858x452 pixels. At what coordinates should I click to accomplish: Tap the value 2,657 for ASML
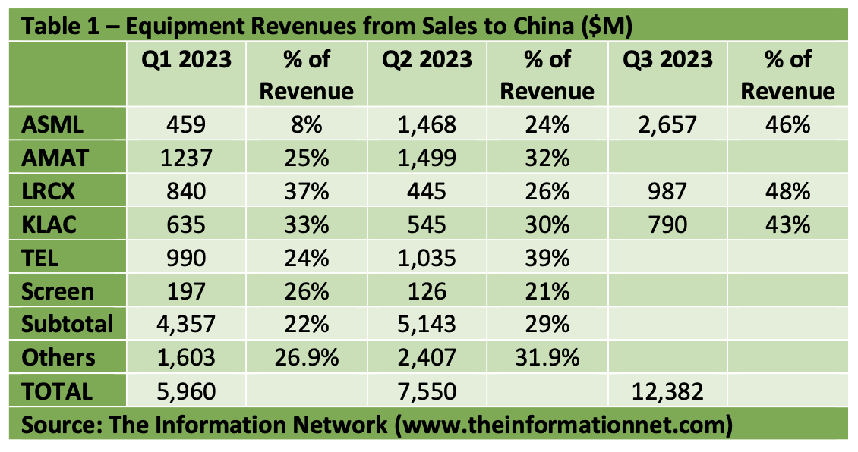pyautogui.click(x=667, y=124)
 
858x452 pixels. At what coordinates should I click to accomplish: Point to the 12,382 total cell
pyautogui.click(x=667, y=391)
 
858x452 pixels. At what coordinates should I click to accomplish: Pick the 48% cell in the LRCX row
pyautogui.click(x=787, y=190)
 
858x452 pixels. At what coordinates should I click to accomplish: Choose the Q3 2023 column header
pyautogui.click(x=667, y=59)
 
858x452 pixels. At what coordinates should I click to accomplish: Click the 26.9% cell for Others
pyautogui.click(x=306, y=357)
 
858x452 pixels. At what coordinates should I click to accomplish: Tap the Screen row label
pyautogui.click(x=58, y=290)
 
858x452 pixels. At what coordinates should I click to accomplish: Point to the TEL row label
pyautogui.click(x=40, y=257)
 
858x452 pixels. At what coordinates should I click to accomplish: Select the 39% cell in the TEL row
pyautogui.click(x=547, y=257)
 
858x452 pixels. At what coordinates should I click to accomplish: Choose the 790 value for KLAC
pyautogui.click(x=667, y=224)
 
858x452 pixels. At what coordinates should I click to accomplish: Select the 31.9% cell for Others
pyautogui.click(x=547, y=357)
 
